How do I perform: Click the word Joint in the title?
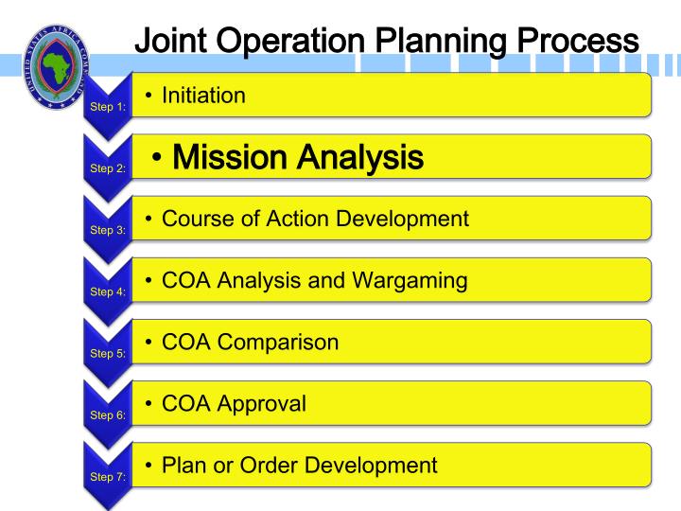pyautogui.click(x=175, y=41)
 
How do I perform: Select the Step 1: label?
pyautogui.click(x=107, y=107)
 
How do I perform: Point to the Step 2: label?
pyautogui.click(x=107, y=168)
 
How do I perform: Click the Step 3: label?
pyautogui.click(x=107, y=230)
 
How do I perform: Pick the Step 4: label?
pyautogui.click(x=107, y=291)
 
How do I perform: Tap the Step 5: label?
pyautogui.click(x=107, y=353)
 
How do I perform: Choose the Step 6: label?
pyautogui.click(x=107, y=414)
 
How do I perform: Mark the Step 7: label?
pyautogui.click(x=107, y=476)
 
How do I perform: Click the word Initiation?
pyautogui.click(x=203, y=95)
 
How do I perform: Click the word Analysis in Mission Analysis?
pyautogui.click(x=367, y=156)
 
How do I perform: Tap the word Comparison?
pyautogui.click(x=280, y=342)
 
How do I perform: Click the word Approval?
pyautogui.click(x=263, y=403)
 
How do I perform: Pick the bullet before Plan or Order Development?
pyautogui.click(x=150, y=465)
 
